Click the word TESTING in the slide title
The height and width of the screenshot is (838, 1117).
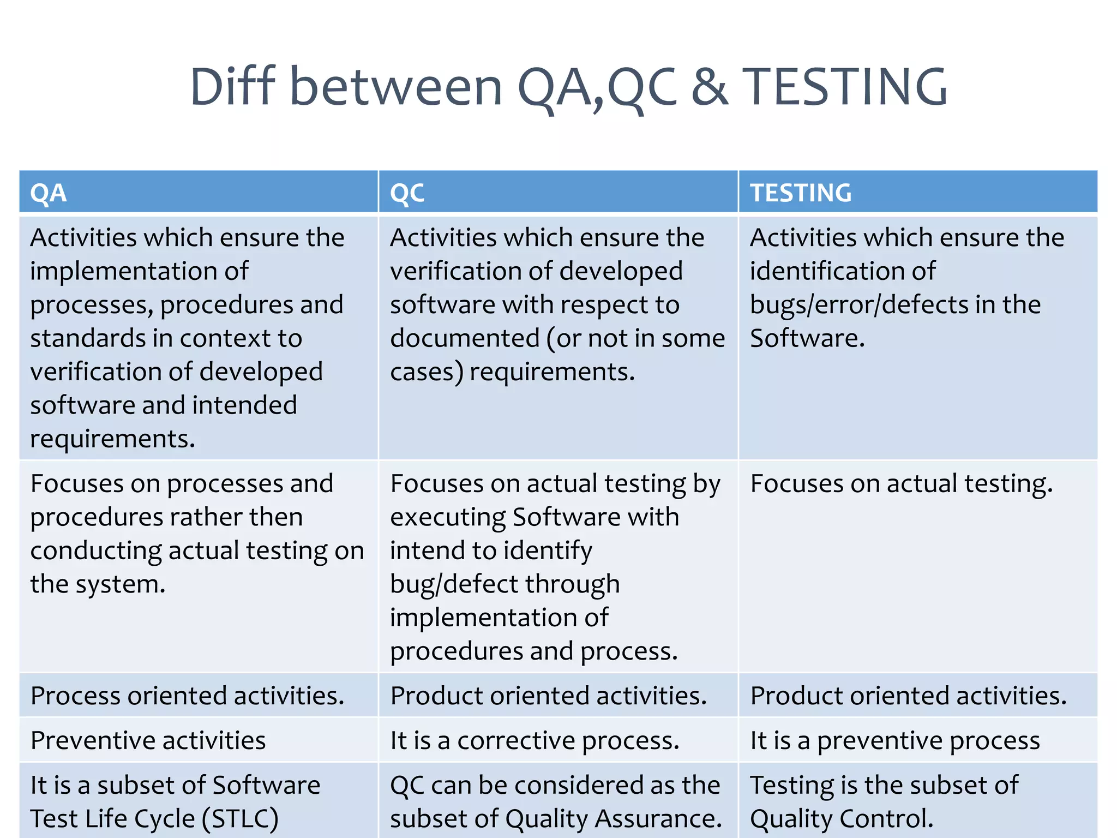(845, 87)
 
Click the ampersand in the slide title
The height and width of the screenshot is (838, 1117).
(710, 87)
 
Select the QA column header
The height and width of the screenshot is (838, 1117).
(49, 193)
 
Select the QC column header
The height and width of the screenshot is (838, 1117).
(407, 193)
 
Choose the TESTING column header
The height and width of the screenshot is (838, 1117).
(800, 193)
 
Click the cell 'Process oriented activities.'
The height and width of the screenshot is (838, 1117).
(187, 696)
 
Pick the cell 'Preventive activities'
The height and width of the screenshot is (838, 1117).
(148, 740)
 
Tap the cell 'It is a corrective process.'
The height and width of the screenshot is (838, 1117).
(535, 740)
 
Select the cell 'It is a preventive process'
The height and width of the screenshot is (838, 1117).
(894, 740)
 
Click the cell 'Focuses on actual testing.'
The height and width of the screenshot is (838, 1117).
(901, 484)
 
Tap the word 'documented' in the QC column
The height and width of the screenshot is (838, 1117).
(465, 338)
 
